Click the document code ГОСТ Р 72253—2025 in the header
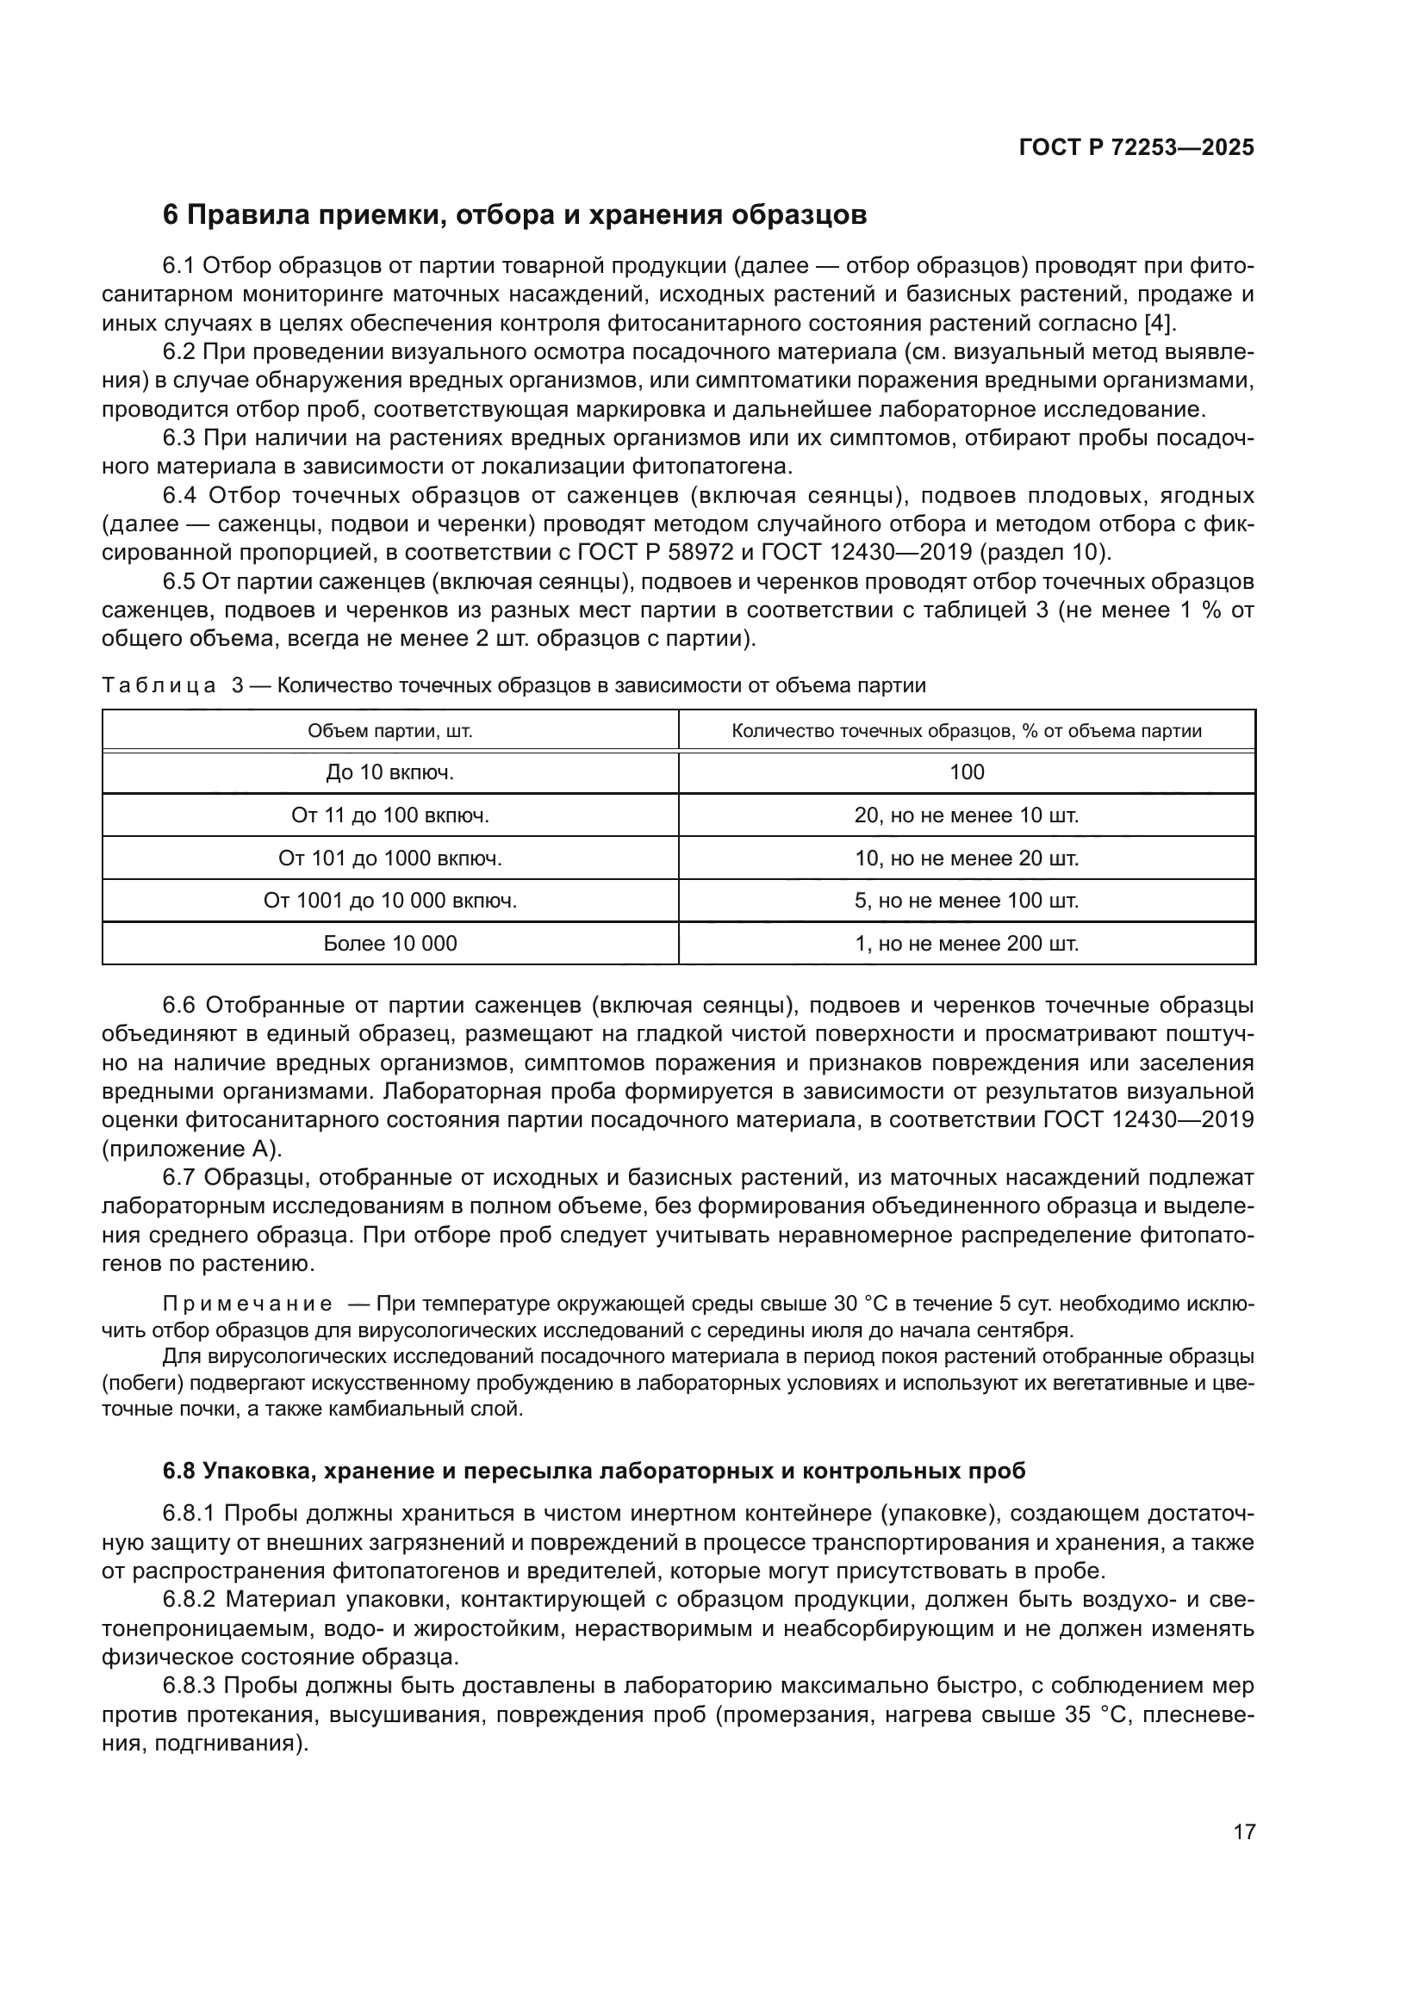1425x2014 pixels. [1136, 148]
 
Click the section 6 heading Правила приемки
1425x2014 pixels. [515, 215]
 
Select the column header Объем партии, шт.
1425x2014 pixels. [389, 731]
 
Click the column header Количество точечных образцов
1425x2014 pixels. [966, 731]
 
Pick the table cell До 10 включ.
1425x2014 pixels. [389, 772]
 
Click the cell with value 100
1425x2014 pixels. [966, 772]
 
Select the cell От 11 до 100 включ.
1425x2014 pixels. [389, 815]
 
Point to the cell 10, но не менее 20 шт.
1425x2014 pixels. [966, 858]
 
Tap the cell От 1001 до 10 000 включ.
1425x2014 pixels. [389, 901]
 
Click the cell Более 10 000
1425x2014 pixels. [389, 944]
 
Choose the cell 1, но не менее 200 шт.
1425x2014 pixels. [966, 944]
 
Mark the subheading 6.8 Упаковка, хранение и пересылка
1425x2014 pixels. [594, 1471]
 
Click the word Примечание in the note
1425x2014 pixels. [247, 1304]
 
